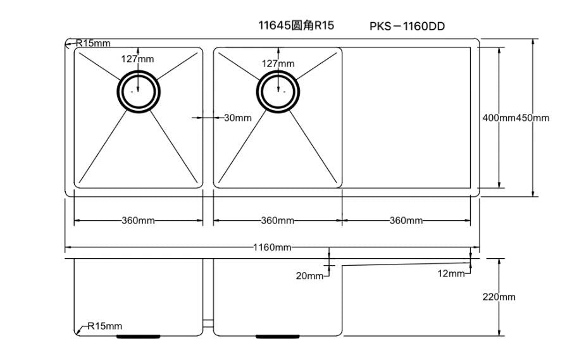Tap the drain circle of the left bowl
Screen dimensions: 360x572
138,92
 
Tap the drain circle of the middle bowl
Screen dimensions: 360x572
278,92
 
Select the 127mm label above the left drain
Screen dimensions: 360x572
137,59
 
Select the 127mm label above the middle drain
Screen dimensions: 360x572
278,63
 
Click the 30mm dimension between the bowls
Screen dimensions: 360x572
238,118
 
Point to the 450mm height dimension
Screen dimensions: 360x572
533,118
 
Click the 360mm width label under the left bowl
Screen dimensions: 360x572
138,221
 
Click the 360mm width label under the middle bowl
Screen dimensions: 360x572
278,221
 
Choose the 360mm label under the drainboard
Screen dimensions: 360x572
406,221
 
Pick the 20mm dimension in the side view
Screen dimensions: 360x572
310,276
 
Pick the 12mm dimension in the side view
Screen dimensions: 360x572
451,273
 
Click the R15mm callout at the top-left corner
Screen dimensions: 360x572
93,43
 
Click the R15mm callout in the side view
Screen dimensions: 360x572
104,326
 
